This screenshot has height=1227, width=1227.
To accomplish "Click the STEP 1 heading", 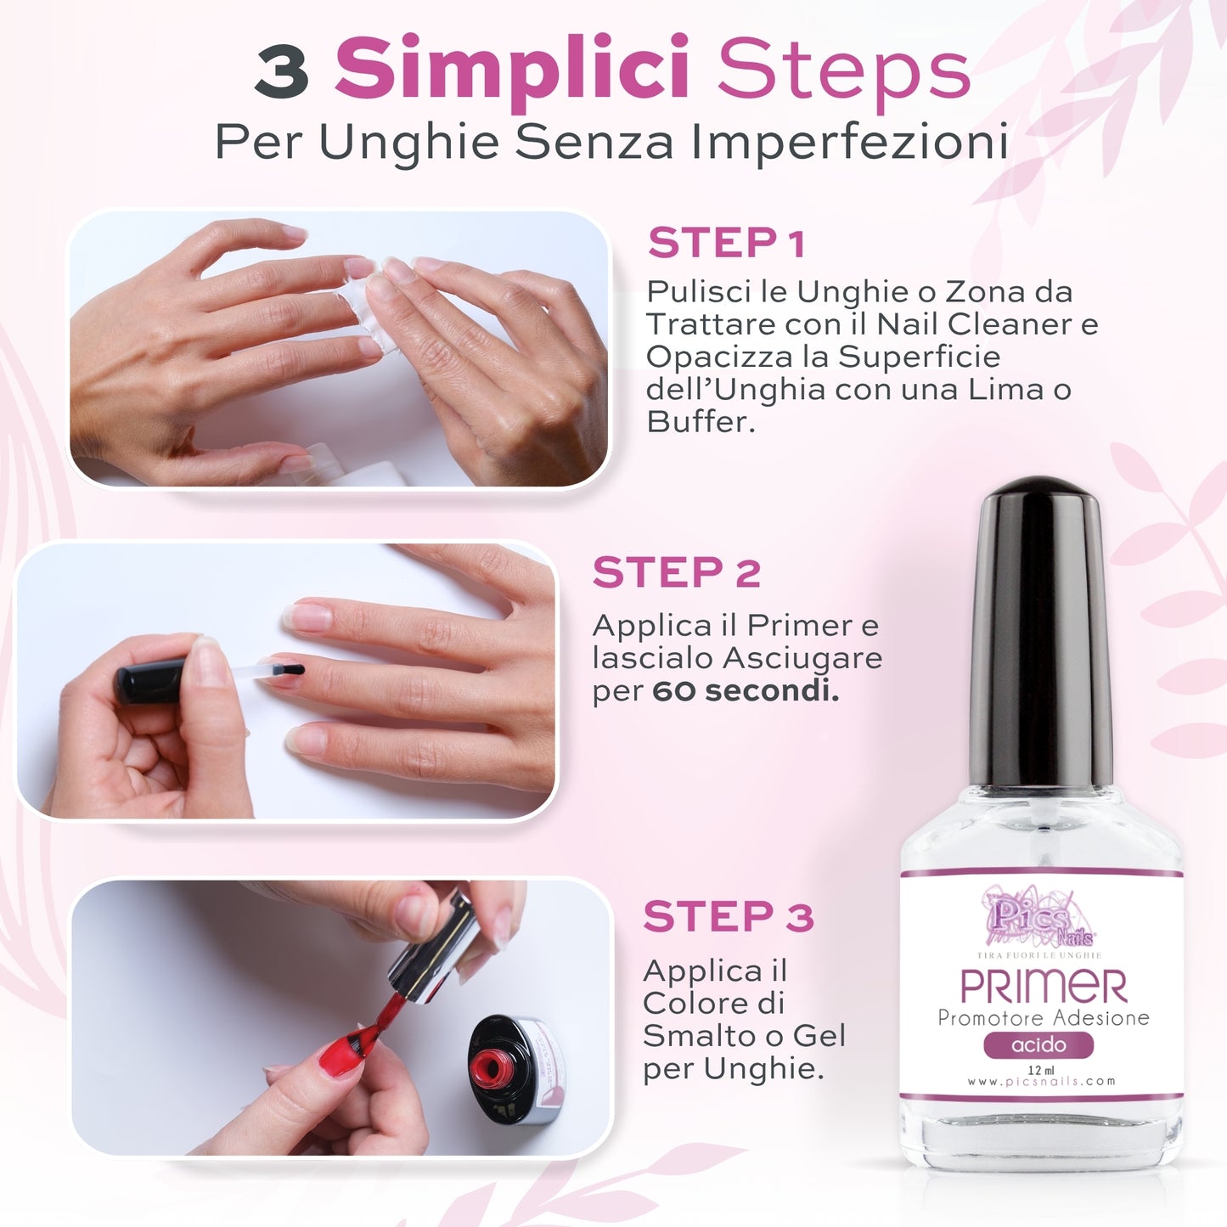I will click(x=726, y=244).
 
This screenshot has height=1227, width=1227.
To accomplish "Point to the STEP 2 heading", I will click(x=676, y=573).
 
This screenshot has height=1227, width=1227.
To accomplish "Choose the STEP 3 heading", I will click(x=729, y=917).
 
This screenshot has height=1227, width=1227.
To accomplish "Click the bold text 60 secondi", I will click(x=746, y=690).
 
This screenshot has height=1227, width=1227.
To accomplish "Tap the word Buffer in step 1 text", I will click(x=700, y=421).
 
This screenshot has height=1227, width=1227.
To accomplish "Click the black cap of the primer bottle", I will click(x=1041, y=628).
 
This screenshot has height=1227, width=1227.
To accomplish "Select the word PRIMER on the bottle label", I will click(x=1043, y=987).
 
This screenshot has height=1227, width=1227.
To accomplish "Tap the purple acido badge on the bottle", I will click(x=1038, y=1044).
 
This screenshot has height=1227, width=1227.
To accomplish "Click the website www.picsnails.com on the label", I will click(x=1041, y=1082).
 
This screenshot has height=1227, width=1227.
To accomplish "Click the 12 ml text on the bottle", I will click(x=1040, y=1069).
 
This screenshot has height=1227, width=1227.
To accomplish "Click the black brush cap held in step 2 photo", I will click(x=150, y=681).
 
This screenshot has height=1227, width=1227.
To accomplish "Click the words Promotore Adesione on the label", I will click(x=1043, y=1017).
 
